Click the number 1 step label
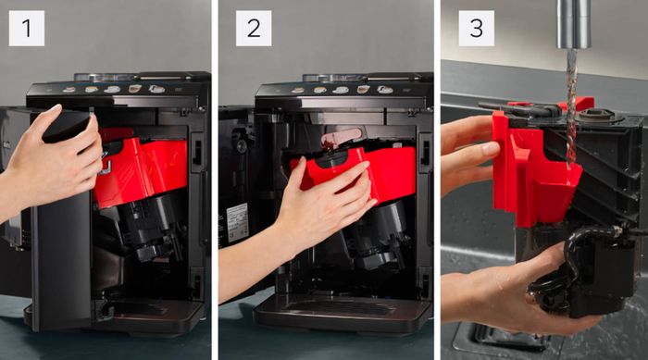coord(27,28)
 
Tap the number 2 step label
coord(254,28)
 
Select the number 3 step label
coord(476,28)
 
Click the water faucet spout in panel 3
coord(574,24)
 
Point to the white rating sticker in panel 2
coord(237,222)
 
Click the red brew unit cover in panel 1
coord(141,169)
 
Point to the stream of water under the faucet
coord(571,107)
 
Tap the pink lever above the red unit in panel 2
coord(342,136)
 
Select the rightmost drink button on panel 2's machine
coord(385,90)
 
